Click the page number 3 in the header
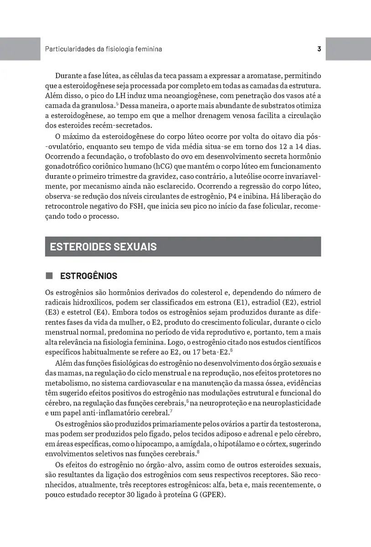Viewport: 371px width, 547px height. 319,49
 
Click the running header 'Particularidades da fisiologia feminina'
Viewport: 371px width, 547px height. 104,49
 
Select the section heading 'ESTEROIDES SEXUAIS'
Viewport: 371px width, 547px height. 103,247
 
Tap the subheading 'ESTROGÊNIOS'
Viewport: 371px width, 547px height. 88,276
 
